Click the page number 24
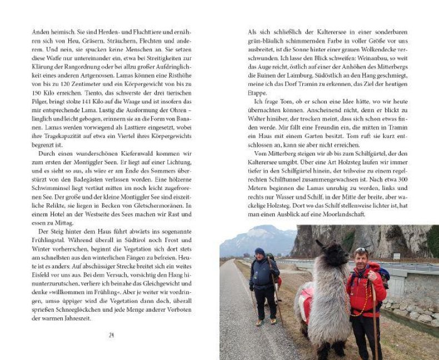click(111, 335)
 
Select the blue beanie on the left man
click(260, 251)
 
